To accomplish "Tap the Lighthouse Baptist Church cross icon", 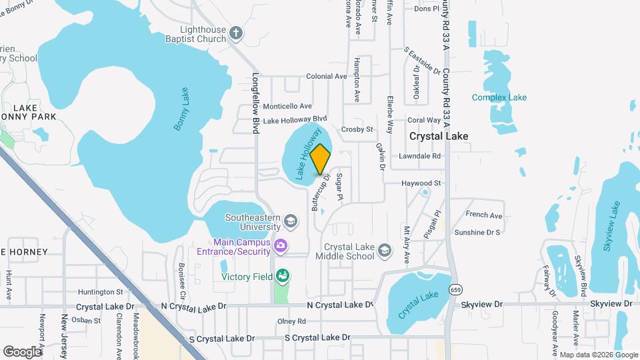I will (235, 33).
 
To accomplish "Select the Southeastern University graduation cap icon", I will (290, 221).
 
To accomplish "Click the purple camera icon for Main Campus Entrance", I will (281, 247).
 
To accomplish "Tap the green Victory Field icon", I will (283, 275).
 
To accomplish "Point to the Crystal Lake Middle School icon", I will (384, 251).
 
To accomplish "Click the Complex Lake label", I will (499, 97).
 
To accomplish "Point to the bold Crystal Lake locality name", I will (439, 136).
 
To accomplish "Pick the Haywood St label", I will (421, 183).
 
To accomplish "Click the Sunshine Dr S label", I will (477, 233).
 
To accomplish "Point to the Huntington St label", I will (101, 291).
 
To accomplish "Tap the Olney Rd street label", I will (291, 321).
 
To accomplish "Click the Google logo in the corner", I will (22, 351).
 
